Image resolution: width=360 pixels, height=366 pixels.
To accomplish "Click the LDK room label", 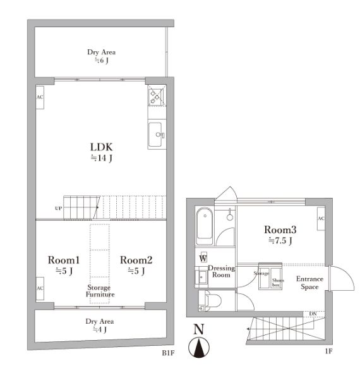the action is coord(102,147).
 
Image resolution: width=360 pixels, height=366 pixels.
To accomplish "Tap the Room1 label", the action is coord(64,260).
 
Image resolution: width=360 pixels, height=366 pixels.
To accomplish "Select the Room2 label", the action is coord(136,260).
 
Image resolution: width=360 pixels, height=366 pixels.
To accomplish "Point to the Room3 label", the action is coord(280,229).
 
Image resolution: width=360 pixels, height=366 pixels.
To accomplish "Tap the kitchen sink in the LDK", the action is coord(157,135).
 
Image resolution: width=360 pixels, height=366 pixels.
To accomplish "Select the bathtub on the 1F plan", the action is coord(205,226).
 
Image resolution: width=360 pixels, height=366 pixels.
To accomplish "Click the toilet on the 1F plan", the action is coord(212,301).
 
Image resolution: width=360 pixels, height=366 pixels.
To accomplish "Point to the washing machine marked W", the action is coord(203,258).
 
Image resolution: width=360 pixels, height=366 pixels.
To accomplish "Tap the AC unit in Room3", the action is coord(321,219).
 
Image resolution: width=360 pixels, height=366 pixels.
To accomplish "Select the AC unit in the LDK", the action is coord(40,97).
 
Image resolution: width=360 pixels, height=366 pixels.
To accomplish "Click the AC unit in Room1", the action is coord(40,288).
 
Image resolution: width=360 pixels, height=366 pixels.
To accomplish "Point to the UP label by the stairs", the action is coord(59,208).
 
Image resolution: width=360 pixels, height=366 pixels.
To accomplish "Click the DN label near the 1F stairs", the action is coord(313,314).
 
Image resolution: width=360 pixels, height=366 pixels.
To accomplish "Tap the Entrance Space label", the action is coord(309,283).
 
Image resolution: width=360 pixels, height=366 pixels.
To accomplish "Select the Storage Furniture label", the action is coord(100,291).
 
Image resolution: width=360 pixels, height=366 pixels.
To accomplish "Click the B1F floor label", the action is coord(168,353).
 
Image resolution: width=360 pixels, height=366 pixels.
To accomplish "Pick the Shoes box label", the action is coord(277,283).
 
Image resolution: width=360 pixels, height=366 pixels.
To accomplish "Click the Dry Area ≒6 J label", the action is coord(102,56).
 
